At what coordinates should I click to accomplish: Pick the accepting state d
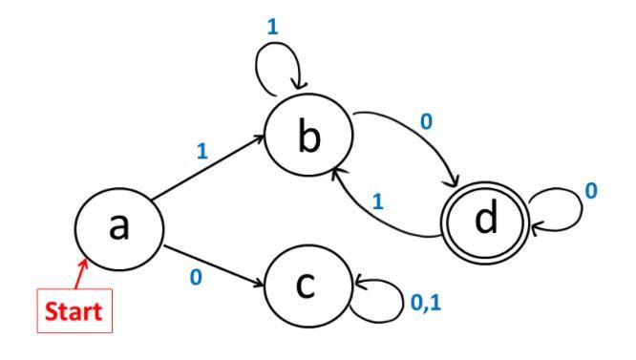pos(486,219)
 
